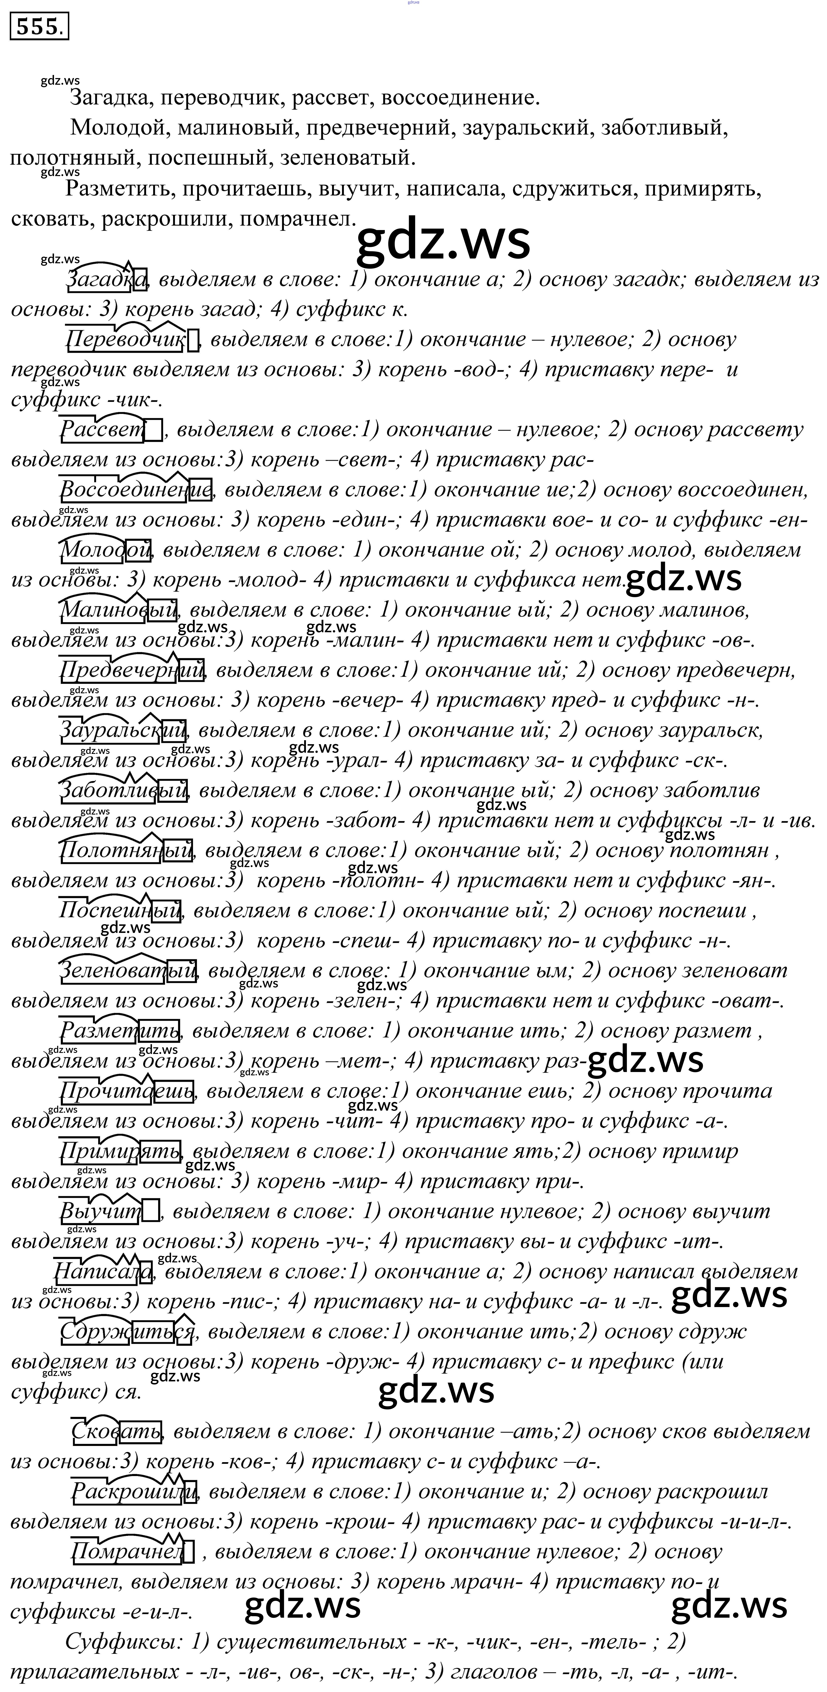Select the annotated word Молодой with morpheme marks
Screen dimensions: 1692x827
coord(105,550)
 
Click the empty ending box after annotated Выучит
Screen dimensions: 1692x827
coord(151,1210)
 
